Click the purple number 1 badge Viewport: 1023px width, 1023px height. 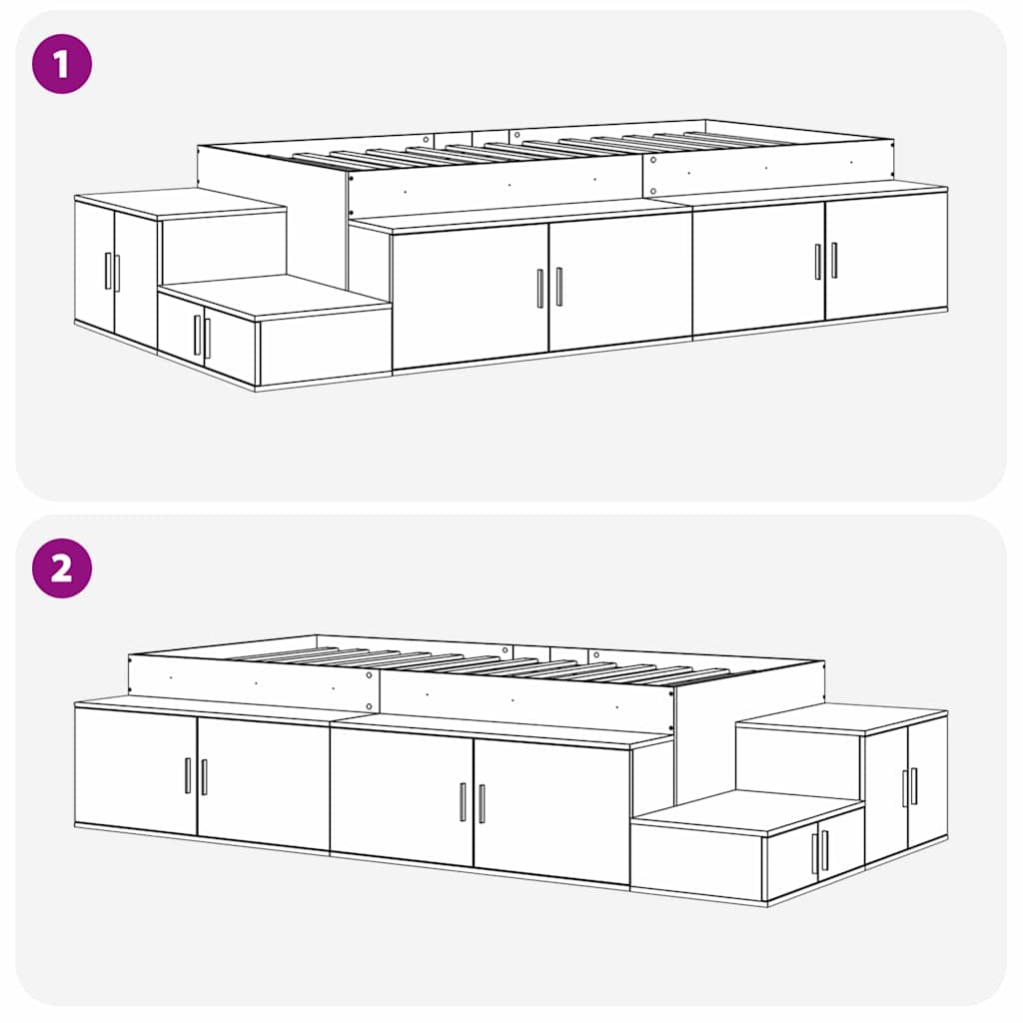pyautogui.click(x=62, y=63)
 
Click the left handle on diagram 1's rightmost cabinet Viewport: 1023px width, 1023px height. pyautogui.click(x=817, y=262)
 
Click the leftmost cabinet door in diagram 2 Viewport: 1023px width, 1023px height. pyautogui.click(x=136, y=769)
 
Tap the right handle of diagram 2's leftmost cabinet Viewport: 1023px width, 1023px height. pyautogui.click(x=204, y=777)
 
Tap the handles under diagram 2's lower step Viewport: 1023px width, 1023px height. pyautogui.click(x=820, y=852)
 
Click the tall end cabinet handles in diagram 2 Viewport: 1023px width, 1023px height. pyautogui.click(x=909, y=786)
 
